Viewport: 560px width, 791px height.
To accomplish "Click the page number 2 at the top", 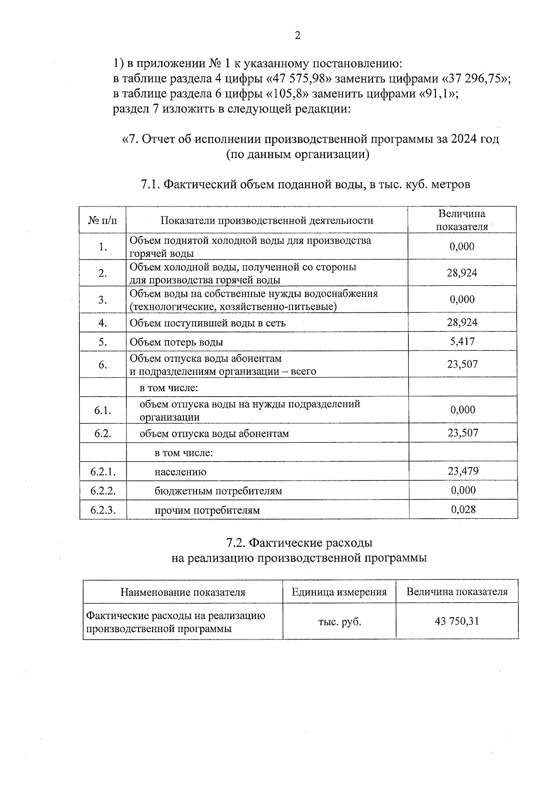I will [298, 36].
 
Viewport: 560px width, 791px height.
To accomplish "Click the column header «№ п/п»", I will [103, 220].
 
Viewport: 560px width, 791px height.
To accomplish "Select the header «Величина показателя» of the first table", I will [462, 220].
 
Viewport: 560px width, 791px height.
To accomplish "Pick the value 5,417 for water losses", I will [462, 341].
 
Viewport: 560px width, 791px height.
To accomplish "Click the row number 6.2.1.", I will [103, 471].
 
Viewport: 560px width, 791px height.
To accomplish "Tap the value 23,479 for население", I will [463, 471].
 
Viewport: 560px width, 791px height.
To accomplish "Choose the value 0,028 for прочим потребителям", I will [463, 509].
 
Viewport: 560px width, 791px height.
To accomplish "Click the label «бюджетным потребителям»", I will [218, 491].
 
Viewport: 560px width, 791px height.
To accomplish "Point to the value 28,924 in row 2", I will [462, 273].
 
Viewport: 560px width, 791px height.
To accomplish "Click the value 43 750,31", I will [457, 621].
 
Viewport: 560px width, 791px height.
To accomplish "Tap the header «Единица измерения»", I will [339, 592].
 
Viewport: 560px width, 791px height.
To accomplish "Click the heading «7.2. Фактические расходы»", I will [299, 543].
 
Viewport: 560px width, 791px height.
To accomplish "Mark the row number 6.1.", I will [103, 410].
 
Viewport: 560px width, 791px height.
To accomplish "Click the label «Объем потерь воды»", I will [176, 342].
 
